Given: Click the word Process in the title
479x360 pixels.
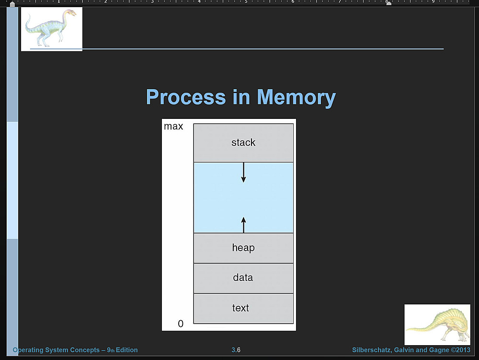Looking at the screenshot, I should pyautogui.click(x=185, y=97).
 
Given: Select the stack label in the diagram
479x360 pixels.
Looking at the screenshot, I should pyautogui.click(x=243, y=142).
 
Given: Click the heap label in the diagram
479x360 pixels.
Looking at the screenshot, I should pyautogui.click(x=243, y=248).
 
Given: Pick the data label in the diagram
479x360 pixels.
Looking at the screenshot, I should pyautogui.click(x=243, y=278).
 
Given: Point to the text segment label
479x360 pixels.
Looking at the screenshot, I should pyautogui.click(x=240, y=308).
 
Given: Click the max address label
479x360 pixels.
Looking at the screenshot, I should pyautogui.click(x=173, y=127).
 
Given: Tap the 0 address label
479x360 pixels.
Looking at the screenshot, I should pyautogui.click(x=181, y=324).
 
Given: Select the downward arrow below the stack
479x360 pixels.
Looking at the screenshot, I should pyautogui.click(x=243, y=173).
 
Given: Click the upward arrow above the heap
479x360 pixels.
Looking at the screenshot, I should pyautogui.click(x=243, y=224).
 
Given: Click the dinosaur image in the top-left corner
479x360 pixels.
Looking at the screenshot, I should pyautogui.click(x=51, y=28).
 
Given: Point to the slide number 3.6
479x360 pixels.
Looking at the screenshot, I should pyautogui.click(x=236, y=350).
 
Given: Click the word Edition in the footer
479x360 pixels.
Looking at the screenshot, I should pyautogui.click(x=126, y=350).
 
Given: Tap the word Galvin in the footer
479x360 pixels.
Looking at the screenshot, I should pyautogui.click(x=403, y=350).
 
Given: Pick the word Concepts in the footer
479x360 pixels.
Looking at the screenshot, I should pyautogui.click(x=84, y=350).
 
